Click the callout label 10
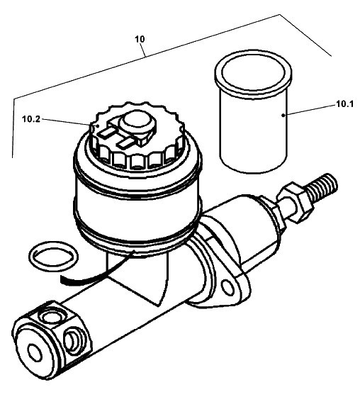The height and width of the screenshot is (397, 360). click(x=140, y=39)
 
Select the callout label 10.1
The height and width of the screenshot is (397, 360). click(x=344, y=104)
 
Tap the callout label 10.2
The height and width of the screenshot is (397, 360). click(x=31, y=119)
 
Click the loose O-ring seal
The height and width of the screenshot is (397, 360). click(x=53, y=256)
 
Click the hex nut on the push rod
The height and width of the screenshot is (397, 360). click(x=296, y=202)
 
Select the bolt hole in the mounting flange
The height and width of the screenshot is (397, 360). click(x=227, y=287)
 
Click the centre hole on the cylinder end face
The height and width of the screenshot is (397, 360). click(x=35, y=352)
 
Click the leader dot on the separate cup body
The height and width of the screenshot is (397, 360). click(x=283, y=115)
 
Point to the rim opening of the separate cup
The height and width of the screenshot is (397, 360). click(x=253, y=72)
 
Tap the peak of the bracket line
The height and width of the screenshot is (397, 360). click(x=279, y=15)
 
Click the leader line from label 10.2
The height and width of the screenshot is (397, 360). click(x=68, y=121)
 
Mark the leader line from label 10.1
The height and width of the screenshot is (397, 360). click(x=310, y=110)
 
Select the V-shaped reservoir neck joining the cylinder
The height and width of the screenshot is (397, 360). click(x=137, y=279)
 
